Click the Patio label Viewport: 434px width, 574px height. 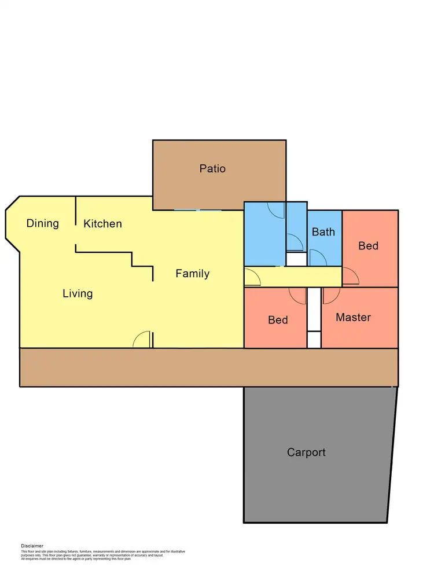tap(212, 169)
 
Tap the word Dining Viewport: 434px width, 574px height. tap(43, 223)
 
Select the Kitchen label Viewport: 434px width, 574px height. tap(102, 223)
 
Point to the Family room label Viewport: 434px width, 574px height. tap(192, 274)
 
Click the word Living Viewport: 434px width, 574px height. tap(78, 293)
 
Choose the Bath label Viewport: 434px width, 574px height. tap(323, 232)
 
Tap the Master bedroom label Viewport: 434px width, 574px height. tap(353, 317)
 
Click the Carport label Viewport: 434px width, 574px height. tap(306, 452)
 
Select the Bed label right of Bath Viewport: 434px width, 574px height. tap(368, 246)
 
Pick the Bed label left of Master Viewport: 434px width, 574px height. tap(278, 320)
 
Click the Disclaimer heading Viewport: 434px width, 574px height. tap(32, 546)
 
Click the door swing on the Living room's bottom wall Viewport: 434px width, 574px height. tap(142, 340)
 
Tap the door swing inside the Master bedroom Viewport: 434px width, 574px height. tap(330, 295)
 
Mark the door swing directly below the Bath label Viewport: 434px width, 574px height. tap(318, 257)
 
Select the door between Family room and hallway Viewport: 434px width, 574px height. tap(252, 277)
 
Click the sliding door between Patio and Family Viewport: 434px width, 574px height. tap(197, 210)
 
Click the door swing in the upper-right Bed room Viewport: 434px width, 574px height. tap(351, 277)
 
